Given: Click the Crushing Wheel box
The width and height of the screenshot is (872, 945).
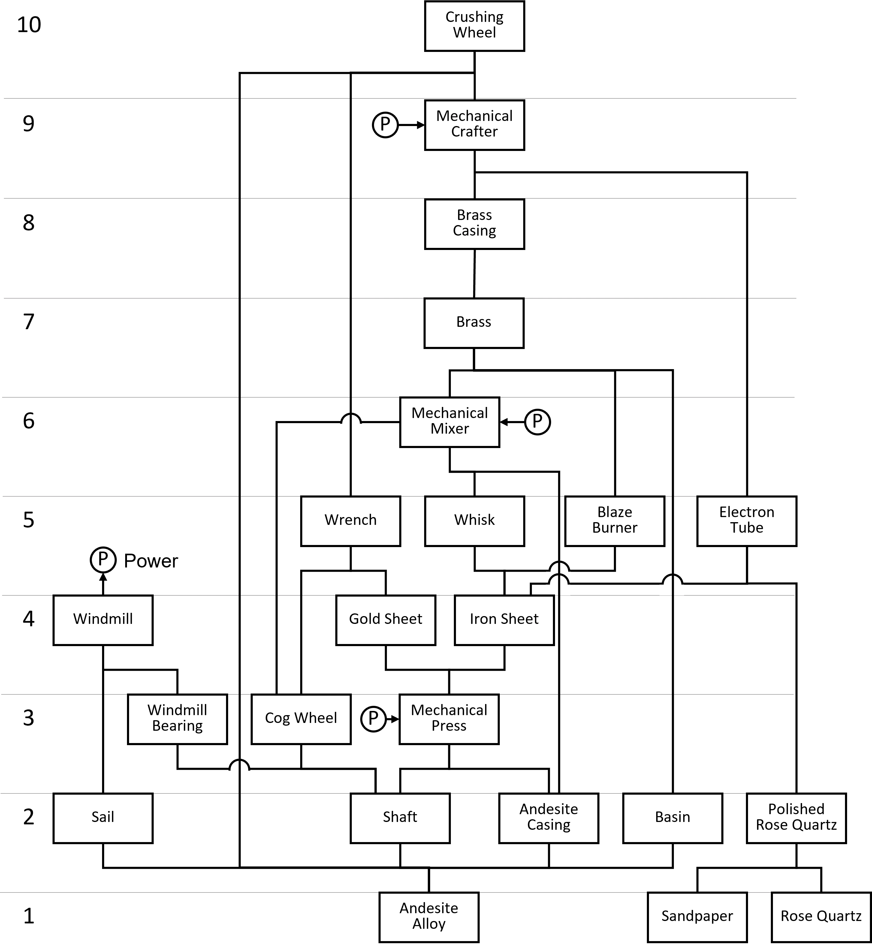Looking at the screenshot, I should [474, 26].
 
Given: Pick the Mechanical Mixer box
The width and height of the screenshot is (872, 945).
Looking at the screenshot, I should [449, 422].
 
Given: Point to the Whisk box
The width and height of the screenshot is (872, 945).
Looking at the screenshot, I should [474, 521].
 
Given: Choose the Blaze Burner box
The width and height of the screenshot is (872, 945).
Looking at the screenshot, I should [614, 521].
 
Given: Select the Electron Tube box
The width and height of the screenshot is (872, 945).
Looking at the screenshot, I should [747, 521].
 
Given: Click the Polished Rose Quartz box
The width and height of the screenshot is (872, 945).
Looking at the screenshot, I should [796, 818].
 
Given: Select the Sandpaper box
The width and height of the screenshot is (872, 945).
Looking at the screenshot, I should [697, 917].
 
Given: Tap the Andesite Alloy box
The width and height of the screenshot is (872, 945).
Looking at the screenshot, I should [428, 917].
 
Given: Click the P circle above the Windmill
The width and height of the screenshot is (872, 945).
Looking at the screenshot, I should [103, 560].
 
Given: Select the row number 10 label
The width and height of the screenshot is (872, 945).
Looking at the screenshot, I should [29, 25].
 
